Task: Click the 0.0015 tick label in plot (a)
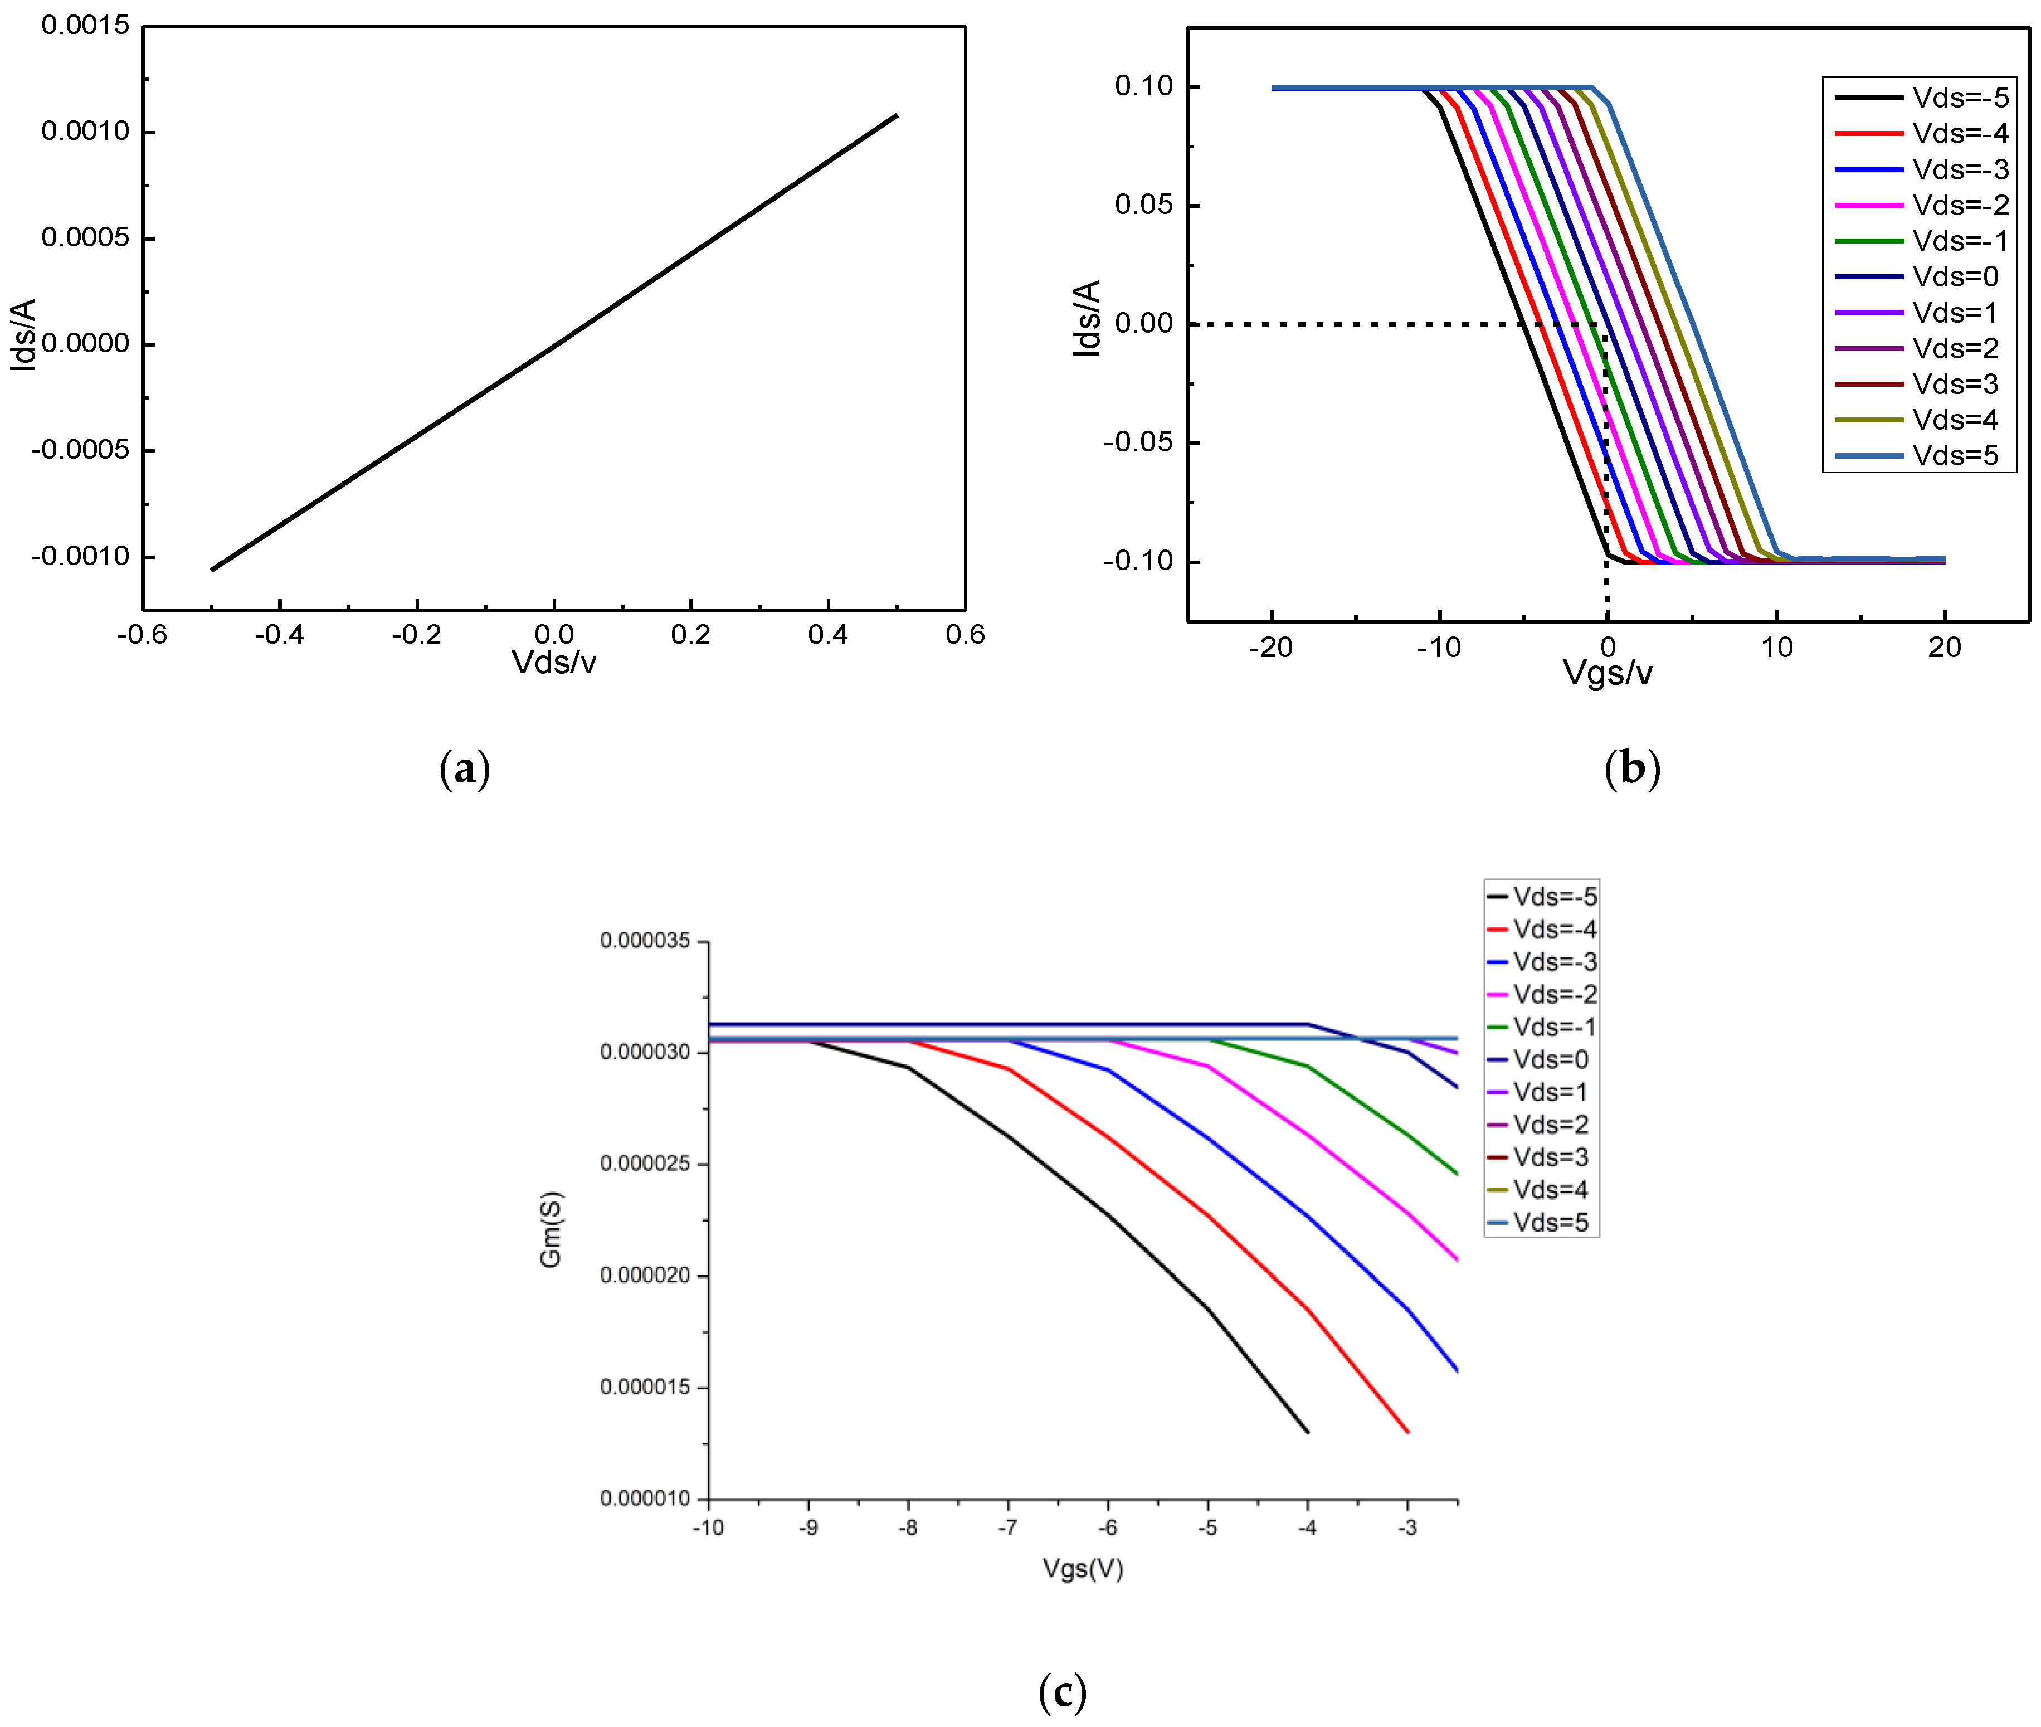point(85,26)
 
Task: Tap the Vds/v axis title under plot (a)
point(553,663)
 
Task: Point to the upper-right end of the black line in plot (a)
point(896,115)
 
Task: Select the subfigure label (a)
point(465,768)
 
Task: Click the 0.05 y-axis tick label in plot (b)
point(1143,205)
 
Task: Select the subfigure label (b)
point(1632,768)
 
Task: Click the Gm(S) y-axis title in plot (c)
point(551,1230)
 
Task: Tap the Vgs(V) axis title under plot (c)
point(1083,1568)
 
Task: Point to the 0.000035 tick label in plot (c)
point(645,941)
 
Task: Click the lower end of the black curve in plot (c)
point(1308,1432)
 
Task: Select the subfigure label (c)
point(1062,1691)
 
